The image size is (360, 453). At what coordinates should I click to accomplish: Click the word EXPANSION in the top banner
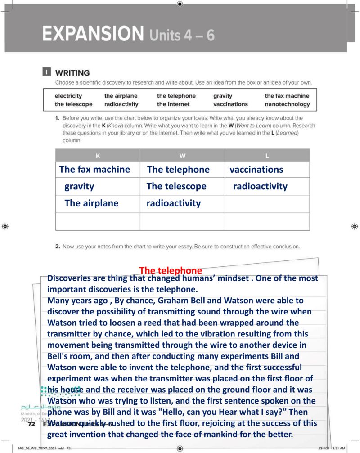pos(92,34)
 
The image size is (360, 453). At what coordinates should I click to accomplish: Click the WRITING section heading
pos(72,72)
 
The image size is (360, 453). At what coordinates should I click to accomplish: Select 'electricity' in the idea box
pos(68,96)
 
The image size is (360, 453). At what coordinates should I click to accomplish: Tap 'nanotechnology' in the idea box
pos(287,104)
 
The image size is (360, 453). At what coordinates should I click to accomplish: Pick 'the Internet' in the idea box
pos(173,104)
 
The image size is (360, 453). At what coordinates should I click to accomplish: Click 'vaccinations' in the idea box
pos(230,104)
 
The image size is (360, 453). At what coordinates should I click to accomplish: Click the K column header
pos(98,156)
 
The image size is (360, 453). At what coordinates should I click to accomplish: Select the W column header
pos(182,156)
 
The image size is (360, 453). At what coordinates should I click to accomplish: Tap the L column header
pos(267,156)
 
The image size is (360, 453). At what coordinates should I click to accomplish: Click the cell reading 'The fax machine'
pos(94,170)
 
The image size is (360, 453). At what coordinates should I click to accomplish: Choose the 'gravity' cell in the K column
pos(79,186)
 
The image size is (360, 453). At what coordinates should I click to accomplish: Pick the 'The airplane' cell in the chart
pos(91,203)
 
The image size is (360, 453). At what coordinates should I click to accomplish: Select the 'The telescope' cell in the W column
pos(176,186)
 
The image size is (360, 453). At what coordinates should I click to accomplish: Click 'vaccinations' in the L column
pos(256,170)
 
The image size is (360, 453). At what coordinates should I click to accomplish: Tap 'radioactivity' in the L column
pos(260,186)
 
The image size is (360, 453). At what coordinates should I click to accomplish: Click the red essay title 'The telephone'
pos(171,270)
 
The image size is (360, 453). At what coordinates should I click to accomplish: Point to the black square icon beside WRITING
pos(46,72)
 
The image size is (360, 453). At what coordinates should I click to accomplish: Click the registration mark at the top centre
pos(180,4)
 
